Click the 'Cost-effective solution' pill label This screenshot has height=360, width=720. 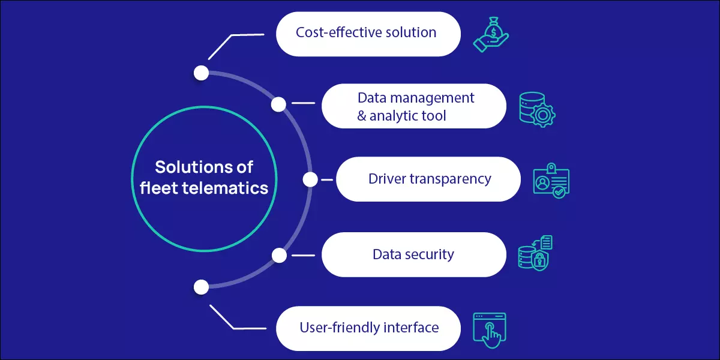click(x=368, y=32)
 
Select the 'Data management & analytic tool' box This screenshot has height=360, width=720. click(x=413, y=106)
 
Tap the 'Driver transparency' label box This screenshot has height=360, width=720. click(x=428, y=179)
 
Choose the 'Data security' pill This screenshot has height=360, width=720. click(x=413, y=254)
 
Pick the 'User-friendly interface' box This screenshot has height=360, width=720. click(x=368, y=328)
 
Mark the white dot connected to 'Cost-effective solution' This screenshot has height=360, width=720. click(x=202, y=73)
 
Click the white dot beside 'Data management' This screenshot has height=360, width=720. click(x=278, y=104)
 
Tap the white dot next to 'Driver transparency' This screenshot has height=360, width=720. click(x=310, y=179)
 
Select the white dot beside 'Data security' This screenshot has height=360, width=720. click(x=279, y=256)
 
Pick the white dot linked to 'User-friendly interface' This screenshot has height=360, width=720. click(x=202, y=287)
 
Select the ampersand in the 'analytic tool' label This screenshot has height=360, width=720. click(x=362, y=115)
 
